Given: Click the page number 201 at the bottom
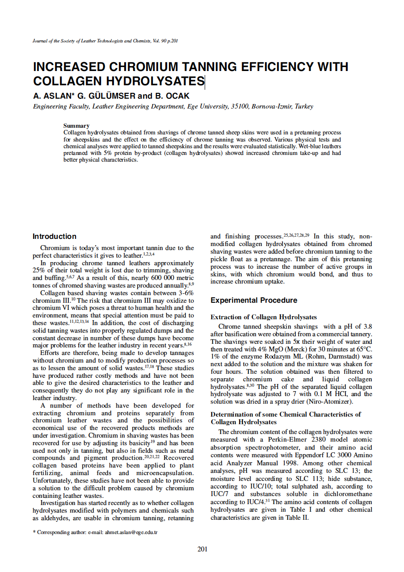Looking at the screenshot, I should pos(202,549).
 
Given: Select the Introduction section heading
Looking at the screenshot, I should pos(55,237).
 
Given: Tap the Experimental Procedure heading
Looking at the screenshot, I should pos(254,301).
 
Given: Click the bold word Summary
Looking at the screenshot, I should pos(76,126).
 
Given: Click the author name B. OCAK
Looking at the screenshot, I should pos(173,96).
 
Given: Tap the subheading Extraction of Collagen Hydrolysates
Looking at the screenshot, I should pos(264,317).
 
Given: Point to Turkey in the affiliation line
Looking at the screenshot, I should pos(303,107).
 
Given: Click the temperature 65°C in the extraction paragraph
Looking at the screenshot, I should pos(363,349).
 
